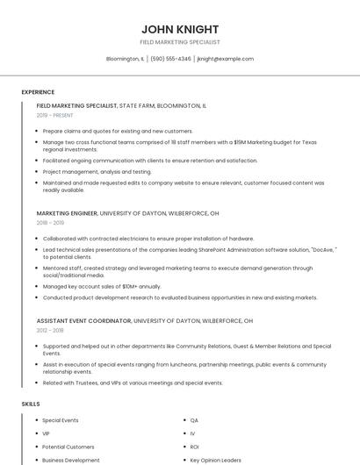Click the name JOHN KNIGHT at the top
[180, 29]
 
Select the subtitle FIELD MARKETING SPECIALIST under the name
[180, 42]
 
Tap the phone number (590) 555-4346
[170, 59]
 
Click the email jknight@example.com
[226, 59]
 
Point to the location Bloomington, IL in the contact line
[125, 59]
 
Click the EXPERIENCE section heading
[38, 92]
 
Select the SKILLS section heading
[31, 404]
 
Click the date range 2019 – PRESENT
[54, 115]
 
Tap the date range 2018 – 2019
[50, 223]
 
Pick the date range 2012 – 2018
[50, 331]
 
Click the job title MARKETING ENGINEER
[67, 213]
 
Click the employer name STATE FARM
[136, 105]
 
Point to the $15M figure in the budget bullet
[240, 141]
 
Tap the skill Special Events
[61, 421]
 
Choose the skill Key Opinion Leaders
[216, 460]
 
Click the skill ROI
[194, 447]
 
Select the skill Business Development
[71, 460]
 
